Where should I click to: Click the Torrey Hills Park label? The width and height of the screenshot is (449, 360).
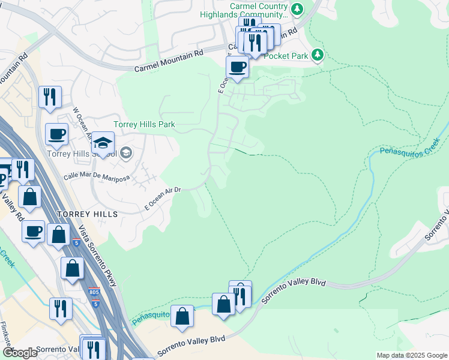click(x=144, y=125)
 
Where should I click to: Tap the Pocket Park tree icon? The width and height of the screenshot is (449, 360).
click(x=317, y=55)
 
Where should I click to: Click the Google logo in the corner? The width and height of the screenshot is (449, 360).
click(x=19, y=353)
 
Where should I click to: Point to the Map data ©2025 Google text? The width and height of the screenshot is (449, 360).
click(x=411, y=355)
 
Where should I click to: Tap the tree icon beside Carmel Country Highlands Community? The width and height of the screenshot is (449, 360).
click(x=297, y=9)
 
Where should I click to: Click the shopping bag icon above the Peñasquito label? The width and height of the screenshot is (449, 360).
click(x=182, y=316)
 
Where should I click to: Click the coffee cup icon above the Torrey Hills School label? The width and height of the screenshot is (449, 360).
click(x=56, y=134)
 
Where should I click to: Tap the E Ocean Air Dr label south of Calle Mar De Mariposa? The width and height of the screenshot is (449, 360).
click(x=163, y=198)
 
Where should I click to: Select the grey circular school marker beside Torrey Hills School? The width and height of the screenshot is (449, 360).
click(x=125, y=154)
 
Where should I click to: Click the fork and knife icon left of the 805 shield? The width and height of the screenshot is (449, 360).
click(x=61, y=308)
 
